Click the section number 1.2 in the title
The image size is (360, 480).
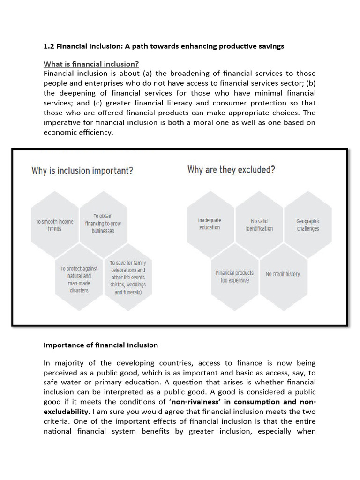pos(49,46)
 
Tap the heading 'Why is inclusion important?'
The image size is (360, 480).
pos(82,171)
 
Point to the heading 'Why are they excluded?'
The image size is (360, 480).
pos(231,169)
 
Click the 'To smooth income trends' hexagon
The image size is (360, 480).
pos(55,225)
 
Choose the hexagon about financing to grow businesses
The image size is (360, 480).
pos(103,223)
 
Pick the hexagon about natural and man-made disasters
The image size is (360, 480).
pos(79,279)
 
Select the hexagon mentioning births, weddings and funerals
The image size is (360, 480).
pos(127,277)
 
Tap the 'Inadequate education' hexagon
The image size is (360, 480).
pos(210,224)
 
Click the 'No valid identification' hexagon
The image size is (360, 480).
pos(259,225)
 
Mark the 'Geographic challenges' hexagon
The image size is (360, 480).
pos(308,225)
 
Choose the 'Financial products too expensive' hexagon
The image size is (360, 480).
pos(234,277)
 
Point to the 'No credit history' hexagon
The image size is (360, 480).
pos(283,274)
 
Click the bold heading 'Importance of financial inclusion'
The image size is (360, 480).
pos(101,345)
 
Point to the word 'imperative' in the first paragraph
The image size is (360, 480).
pos(63,122)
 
